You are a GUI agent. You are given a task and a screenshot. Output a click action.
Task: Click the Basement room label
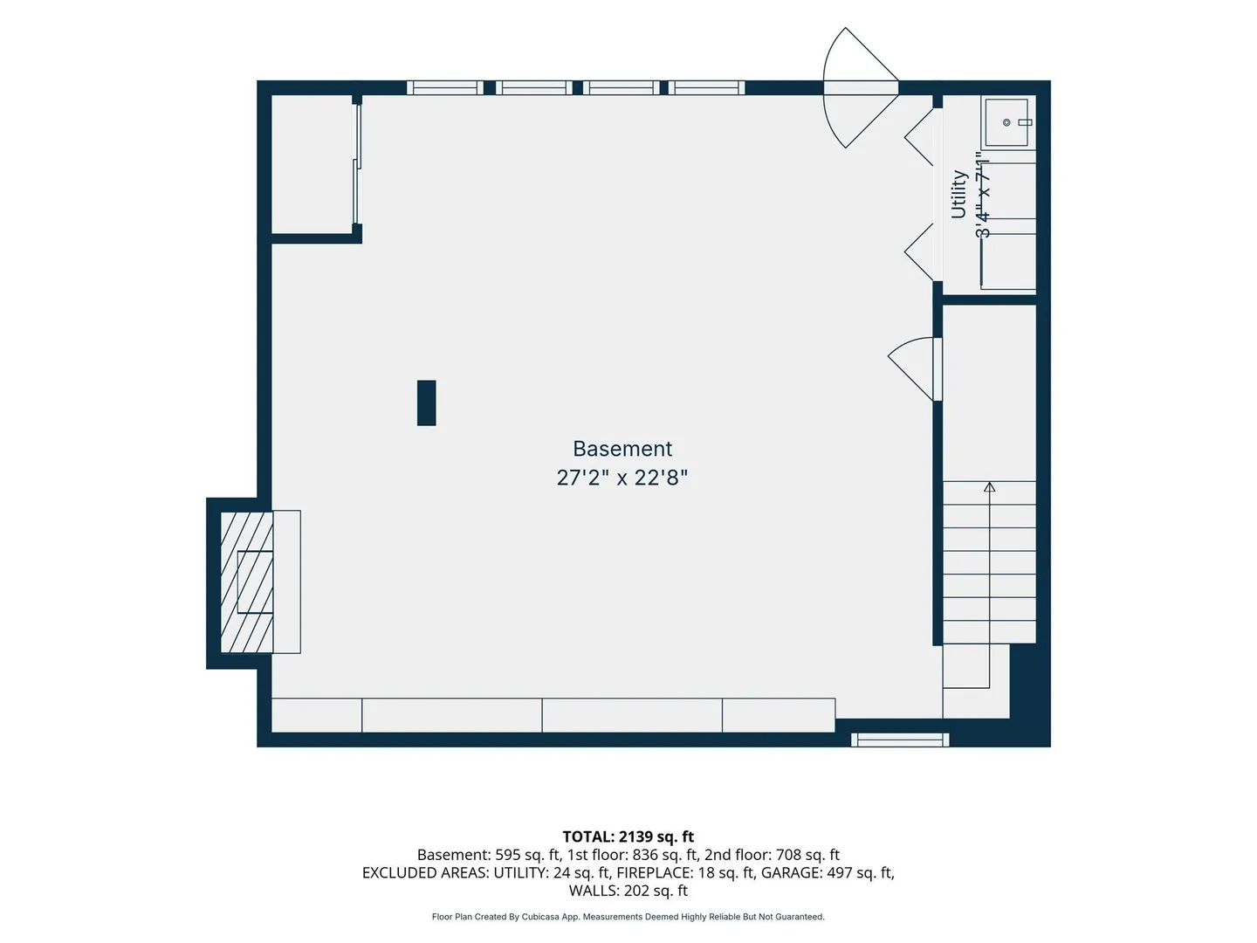click(x=622, y=449)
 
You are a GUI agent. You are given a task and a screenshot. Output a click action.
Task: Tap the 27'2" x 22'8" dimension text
click(x=622, y=478)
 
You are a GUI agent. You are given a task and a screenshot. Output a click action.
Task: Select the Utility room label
click(x=958, y=195)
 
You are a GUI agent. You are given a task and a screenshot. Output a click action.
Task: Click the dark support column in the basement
click(x=426, y=403)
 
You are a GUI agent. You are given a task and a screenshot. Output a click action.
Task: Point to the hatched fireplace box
click(x=246, y=582)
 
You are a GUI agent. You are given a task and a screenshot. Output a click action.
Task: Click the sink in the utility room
click(x=1006, y=122)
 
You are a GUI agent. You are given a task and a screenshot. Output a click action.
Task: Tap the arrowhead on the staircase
click(x=989, y=487)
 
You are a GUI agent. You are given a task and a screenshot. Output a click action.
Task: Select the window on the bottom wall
click(x=900, y=740)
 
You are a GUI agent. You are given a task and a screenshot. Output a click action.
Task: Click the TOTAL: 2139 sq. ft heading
click(x=628, y=836)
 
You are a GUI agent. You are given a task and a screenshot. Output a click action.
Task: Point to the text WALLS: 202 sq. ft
click(x=628, y=891)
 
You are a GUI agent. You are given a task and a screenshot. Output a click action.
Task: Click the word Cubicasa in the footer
click(x=541, y=917)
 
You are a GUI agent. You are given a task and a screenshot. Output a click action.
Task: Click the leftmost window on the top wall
click(x=445, y=87)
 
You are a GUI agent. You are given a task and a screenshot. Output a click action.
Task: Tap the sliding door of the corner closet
click(x=357, y=163)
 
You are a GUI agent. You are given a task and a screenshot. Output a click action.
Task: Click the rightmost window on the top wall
click(x=706, y=87)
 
